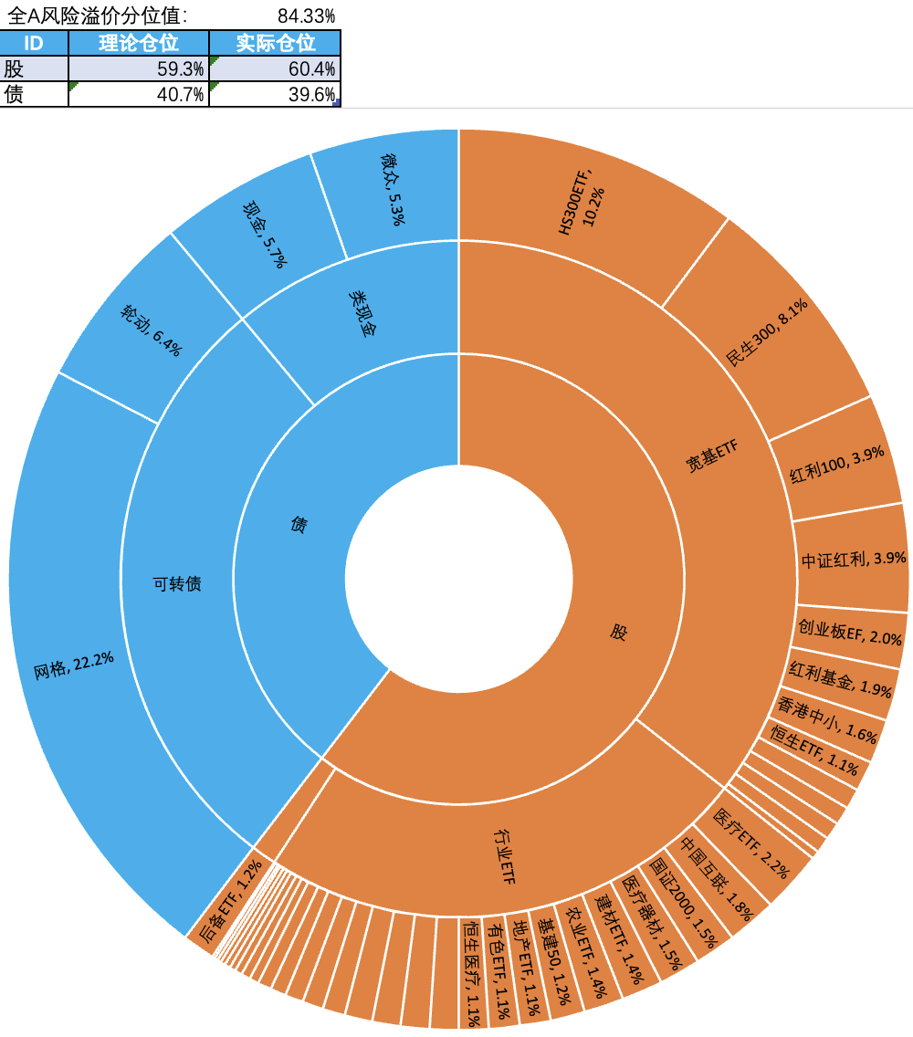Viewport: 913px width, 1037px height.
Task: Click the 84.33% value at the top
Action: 305,16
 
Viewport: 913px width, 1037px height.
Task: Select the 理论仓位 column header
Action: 138,43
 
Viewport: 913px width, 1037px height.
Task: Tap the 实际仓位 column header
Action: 275,43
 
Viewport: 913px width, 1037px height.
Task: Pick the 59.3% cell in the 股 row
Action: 138,68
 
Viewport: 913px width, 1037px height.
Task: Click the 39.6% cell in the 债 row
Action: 275,94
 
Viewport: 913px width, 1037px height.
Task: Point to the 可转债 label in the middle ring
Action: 177,584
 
